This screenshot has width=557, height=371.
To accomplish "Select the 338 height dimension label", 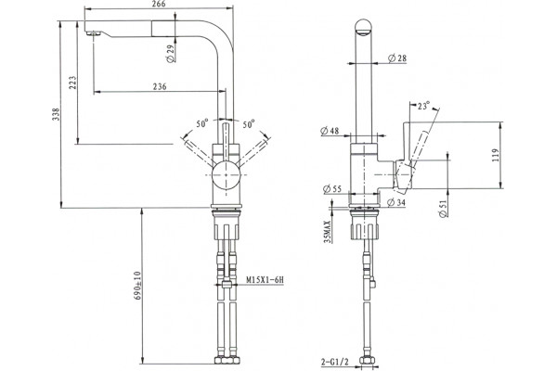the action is (56, 114).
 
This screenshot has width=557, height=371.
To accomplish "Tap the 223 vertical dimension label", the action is (72, 83).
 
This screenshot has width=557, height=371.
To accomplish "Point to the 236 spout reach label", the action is (160, 86).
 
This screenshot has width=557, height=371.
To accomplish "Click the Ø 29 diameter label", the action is (171, 54).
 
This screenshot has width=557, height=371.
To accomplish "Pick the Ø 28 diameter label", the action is (397, 58).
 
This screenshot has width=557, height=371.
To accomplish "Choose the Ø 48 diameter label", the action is (330, 131).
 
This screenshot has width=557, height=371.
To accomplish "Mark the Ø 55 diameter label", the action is (332, 189).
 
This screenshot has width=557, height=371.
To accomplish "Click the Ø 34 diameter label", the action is (396, 202).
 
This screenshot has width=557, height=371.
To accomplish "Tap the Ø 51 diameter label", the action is (443, 209).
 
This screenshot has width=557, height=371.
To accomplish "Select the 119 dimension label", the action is (497, 155).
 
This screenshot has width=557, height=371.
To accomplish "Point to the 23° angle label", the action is (423, 106).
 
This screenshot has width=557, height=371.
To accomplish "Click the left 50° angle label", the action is (202, 123).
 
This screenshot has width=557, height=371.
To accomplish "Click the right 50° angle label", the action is (249, 124).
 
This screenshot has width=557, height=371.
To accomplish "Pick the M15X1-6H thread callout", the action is (266, 280).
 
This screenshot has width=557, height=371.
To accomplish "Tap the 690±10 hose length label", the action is (138, 286).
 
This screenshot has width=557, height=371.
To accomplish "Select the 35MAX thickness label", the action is (328, 232).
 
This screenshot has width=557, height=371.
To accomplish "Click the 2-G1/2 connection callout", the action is (335, 362).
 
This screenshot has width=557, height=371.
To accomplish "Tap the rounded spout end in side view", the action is (364, 28).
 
